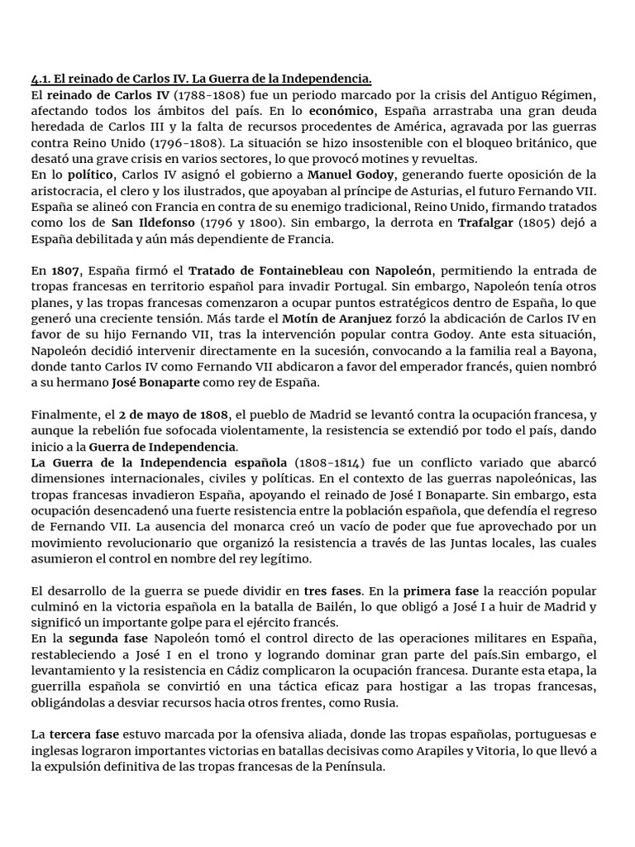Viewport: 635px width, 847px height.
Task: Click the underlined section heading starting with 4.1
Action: (201, 79)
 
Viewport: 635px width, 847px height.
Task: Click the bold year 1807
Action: (66, 270)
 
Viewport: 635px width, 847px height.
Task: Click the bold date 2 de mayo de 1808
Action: (173, 414)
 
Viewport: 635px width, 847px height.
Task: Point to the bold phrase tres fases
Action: (332, 591)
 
